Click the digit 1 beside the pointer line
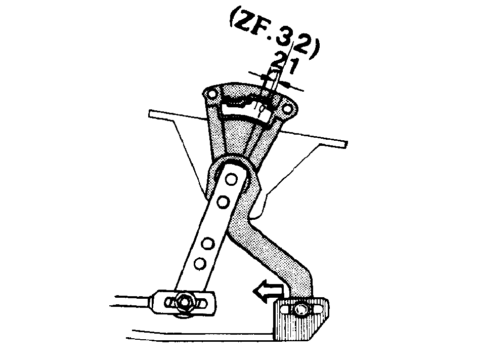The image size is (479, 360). click(x=291, y=66)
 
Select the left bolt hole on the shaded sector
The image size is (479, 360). click(x=211, y=94)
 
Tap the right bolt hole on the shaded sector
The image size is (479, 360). click(x=287, y=108)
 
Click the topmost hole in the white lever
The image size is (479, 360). click(x=232, y=179)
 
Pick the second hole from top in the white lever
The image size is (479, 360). click(x=224, y=202)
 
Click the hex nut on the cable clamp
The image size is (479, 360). click(x=185, y=302)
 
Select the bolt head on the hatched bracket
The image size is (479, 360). click(x=300, y=309)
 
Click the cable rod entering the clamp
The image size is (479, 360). click(x=132, y=300)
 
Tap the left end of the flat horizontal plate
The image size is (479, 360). click(x=149, y=113)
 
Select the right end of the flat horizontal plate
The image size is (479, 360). click(x=346, y=144)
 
